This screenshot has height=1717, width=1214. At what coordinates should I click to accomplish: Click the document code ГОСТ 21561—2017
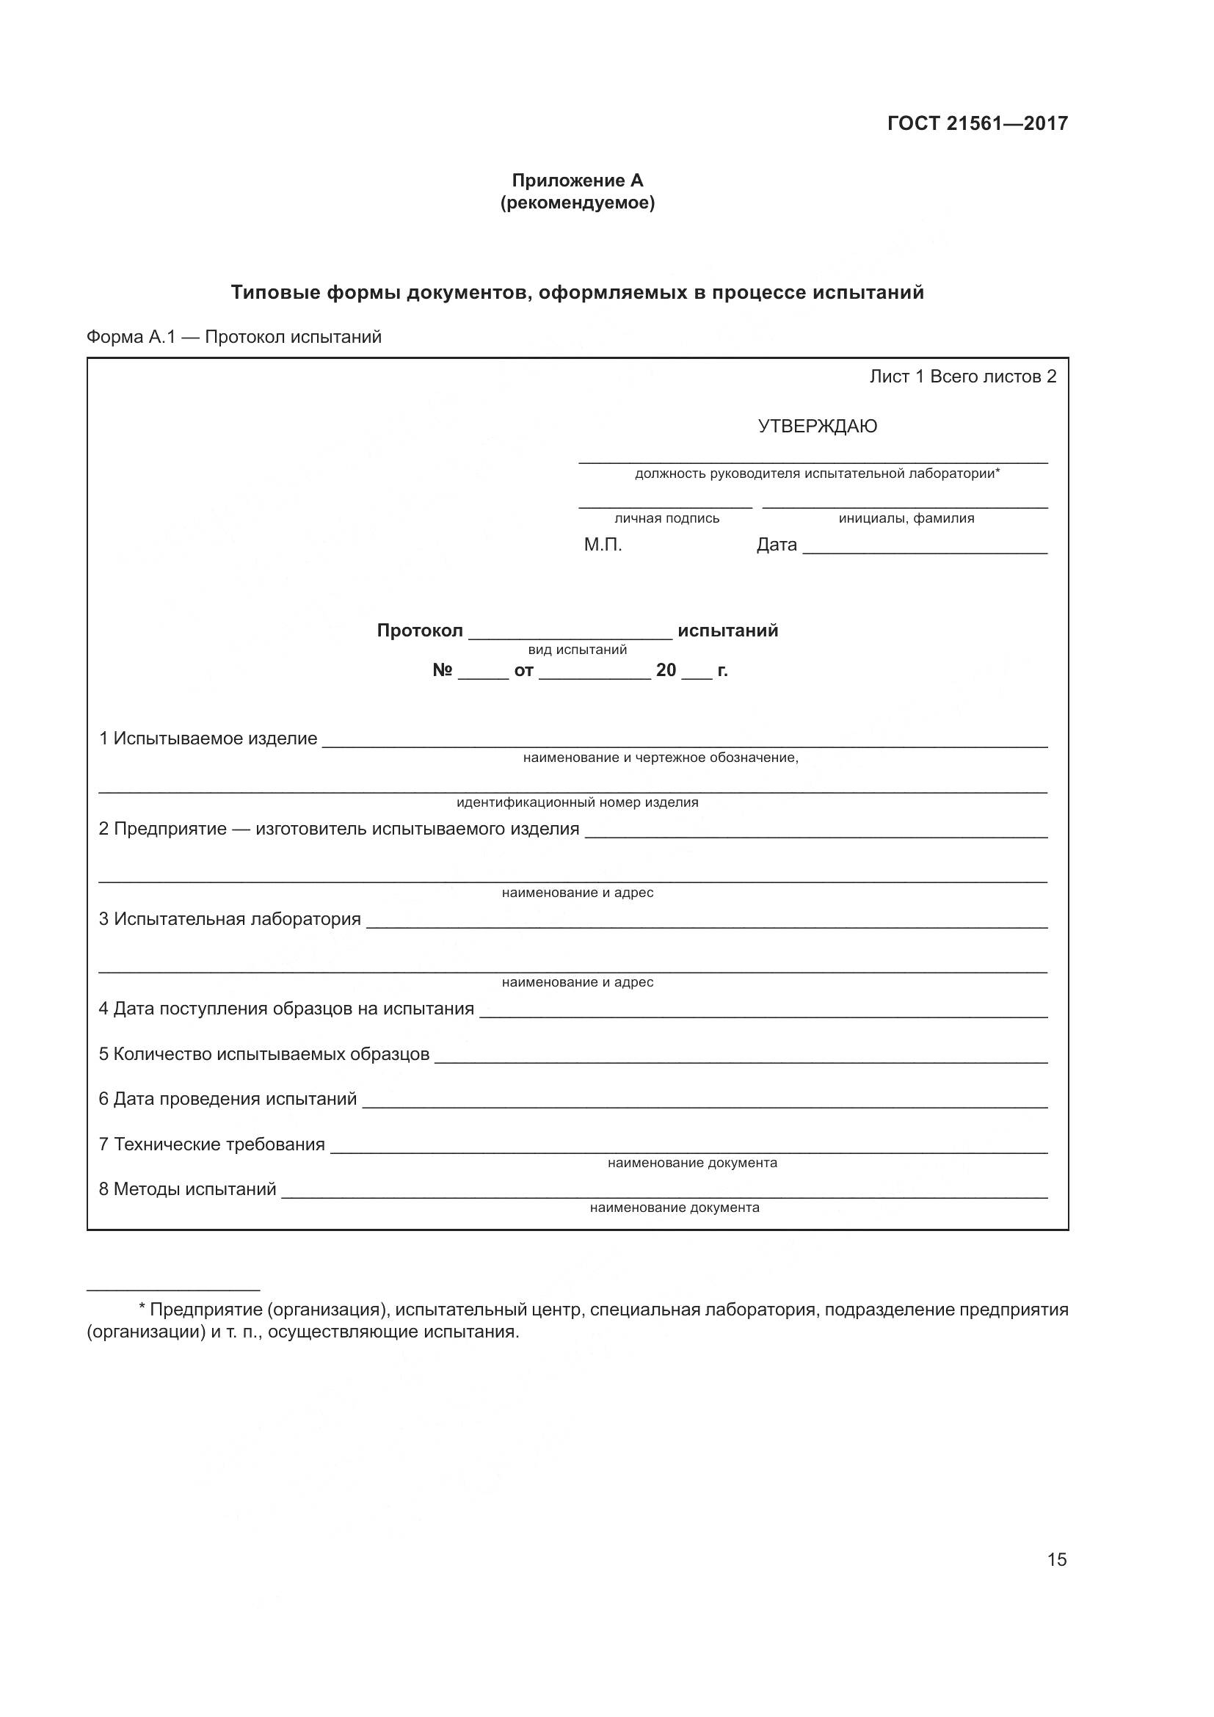coord(977,123)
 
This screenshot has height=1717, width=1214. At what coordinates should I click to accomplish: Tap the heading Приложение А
coord(577,181)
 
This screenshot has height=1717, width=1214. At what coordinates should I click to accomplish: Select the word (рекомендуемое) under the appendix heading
coord(577,203)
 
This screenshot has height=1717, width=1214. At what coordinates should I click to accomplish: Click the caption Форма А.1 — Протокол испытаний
coord(234,337)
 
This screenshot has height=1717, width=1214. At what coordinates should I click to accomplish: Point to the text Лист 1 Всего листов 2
coord(963,377)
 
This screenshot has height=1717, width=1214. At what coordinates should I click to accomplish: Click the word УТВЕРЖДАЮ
coord(817,426)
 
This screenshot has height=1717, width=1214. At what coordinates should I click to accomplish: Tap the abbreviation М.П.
coord(603,545)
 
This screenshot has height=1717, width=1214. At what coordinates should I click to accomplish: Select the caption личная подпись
coord(666,518)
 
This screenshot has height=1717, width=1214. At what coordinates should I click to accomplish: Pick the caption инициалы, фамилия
coord(906,518)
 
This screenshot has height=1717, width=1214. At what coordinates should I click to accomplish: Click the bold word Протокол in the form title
coord(419,631)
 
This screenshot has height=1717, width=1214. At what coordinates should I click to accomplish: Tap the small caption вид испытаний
coord(577,650)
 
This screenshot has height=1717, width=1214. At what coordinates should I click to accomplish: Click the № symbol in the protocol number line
coord(443,670)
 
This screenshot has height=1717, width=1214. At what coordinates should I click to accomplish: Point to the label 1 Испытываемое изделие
coord(208,739)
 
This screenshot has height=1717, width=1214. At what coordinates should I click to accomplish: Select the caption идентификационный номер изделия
coord(577,802)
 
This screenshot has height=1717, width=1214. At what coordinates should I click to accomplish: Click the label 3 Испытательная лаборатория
coord(230,919)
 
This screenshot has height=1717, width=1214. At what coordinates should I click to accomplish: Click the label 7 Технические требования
coord(212,1144)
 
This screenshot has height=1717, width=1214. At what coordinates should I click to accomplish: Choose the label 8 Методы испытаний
coord(188,1189)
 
